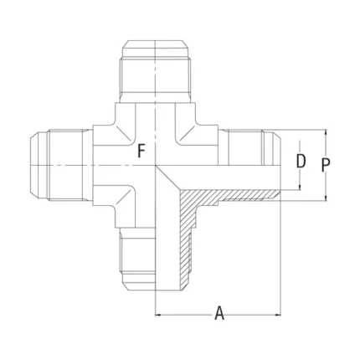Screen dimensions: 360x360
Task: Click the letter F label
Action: (141, 151)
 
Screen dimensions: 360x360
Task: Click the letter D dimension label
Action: (301, 161)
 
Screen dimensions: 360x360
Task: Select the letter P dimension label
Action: (326, 165)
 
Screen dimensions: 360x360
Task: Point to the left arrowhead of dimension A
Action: (158, 315)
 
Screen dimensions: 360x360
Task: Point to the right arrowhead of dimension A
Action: (278, 315)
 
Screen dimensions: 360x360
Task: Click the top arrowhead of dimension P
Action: (326, 132)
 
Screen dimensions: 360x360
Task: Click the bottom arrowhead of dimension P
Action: (326, 198)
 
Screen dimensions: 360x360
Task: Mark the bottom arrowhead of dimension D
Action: (300, 188)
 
